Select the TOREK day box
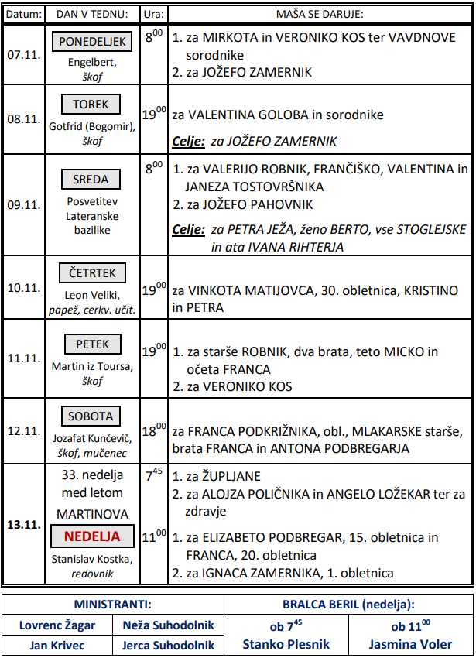[x=92, y=105]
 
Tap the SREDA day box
[x=92, y=180]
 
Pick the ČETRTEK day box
[x=92, y=273]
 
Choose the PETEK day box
[x=92, y=344]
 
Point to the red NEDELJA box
[x=92, y=536]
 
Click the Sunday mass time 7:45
[x=155, y=475]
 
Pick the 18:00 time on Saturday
[x=155, y=430]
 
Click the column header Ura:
[x=154, y=14]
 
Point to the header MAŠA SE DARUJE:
[x=320, y=14]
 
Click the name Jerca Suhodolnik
[x=168, y=645]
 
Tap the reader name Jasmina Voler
[x=411, y=644]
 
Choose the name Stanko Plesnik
[x=286, y=644]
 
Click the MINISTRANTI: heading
[x=112, y=604]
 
